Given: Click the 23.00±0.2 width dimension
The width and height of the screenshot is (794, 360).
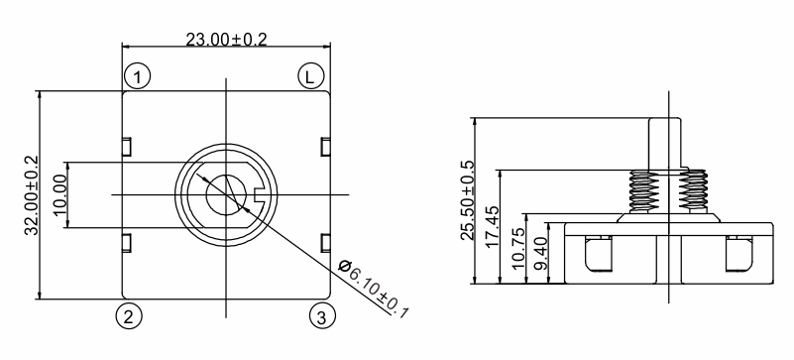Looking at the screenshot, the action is [x=226, y=39].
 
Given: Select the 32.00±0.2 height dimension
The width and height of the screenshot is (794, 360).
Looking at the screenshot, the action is [x=32, y=195].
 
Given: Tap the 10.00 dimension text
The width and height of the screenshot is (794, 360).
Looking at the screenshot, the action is [x=59, y=194].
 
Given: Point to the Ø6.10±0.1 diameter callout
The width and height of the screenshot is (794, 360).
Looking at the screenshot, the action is [x=373, y=290].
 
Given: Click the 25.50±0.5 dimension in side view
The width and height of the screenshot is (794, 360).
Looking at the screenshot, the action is [x=467, y=200].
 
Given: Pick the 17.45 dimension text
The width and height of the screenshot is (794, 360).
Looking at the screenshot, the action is [x=492, y=226].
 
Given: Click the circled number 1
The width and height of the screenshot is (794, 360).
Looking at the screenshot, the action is [x=137, y=77].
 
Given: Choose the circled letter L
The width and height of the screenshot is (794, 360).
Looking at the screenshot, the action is [x=310, y=77].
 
